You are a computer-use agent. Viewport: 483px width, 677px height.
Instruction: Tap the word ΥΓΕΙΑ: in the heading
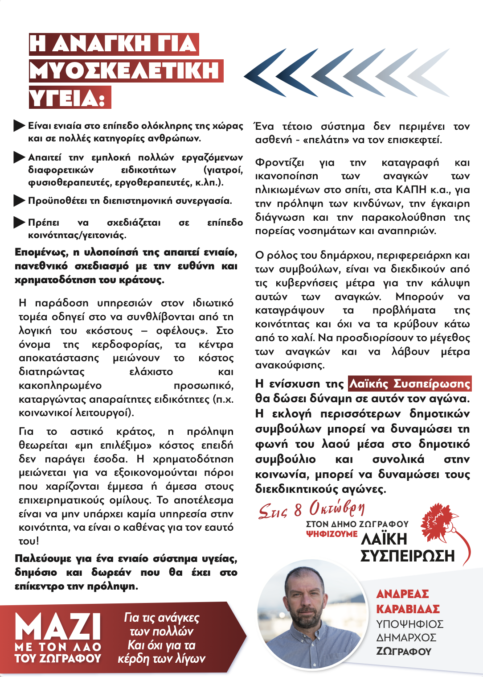[70, 98]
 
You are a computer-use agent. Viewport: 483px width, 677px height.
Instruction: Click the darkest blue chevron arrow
[266, 73]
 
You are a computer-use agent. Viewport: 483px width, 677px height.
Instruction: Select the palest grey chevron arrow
[429, 73]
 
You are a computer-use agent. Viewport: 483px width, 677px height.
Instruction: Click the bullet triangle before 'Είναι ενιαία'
[19, 126]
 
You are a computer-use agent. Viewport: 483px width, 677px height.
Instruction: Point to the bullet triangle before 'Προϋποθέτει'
[19, 201]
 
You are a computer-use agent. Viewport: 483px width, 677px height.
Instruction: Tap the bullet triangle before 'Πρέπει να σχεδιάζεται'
[19, 222]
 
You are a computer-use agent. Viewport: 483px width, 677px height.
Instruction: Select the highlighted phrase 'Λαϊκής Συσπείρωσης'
[409, 384]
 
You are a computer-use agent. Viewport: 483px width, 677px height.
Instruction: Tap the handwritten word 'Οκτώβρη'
[337, 508]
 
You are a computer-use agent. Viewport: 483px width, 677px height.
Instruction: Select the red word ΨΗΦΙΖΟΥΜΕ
[332, 534]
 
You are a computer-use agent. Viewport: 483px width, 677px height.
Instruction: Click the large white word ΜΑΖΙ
[58, 627]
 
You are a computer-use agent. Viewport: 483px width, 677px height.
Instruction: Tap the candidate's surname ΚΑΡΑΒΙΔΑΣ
[408, 609]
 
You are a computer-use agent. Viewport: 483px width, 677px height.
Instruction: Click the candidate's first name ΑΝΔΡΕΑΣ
[402, 594]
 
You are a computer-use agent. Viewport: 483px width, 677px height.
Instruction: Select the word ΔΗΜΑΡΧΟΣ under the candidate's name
[406, 638]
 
